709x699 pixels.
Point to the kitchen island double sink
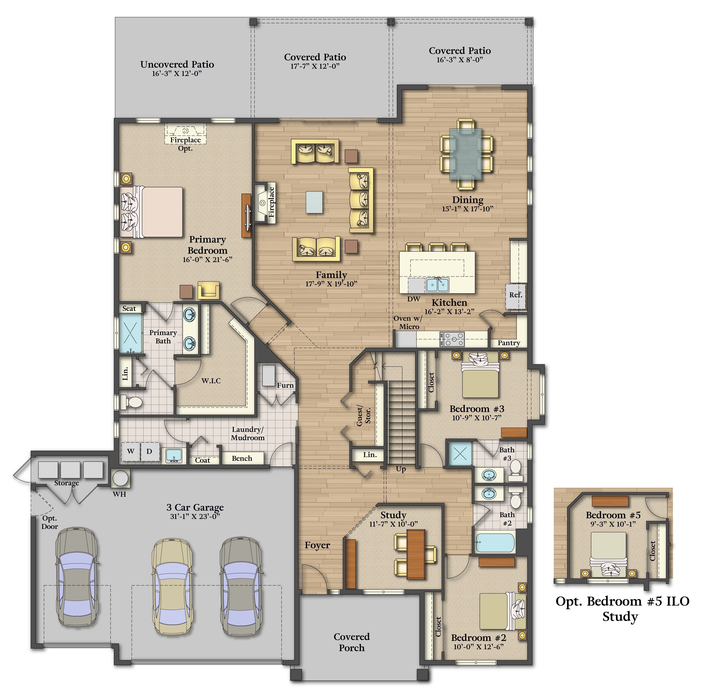tap(437, 285)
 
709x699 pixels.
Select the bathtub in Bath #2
tap(495, 543)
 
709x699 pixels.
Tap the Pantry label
tap(509, 343)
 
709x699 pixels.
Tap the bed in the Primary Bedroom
tap(152, 212)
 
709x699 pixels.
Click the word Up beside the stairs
tap(401, 469)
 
